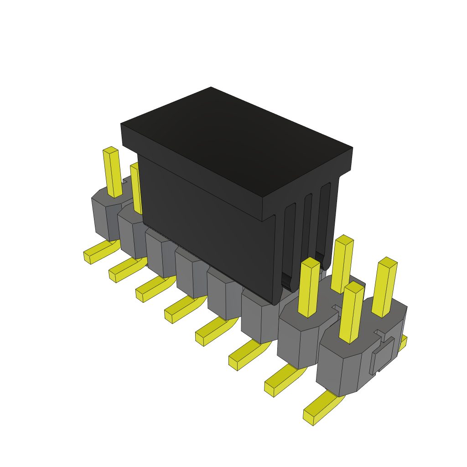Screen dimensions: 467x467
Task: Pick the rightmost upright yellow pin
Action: point(384,287)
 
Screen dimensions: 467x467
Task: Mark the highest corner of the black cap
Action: point(211,88)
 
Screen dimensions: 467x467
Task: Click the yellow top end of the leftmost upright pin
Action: point(110,150)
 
